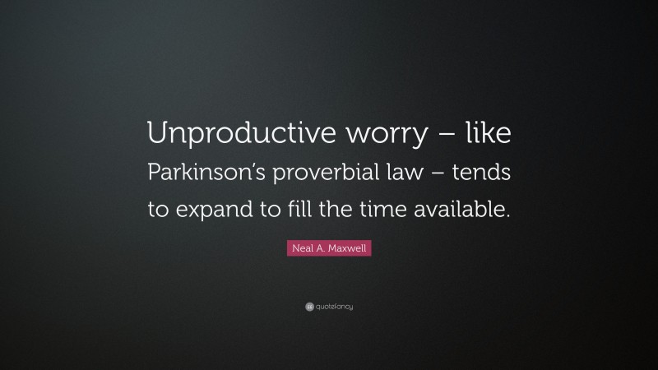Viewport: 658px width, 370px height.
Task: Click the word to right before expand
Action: click(157, 210)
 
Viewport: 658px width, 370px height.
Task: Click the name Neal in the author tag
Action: click(301, 247)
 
